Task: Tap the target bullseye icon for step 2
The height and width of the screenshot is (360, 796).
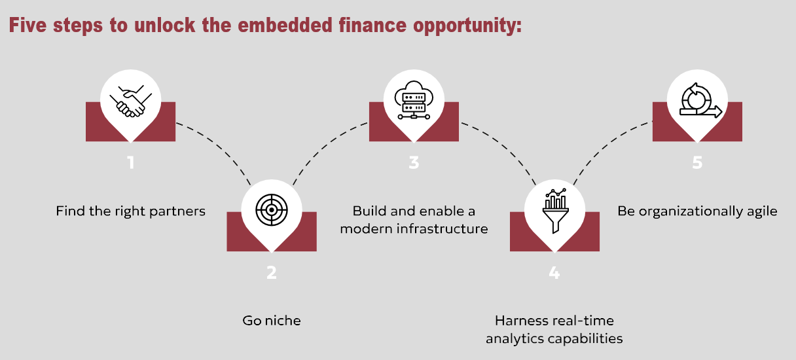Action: coord(272,209)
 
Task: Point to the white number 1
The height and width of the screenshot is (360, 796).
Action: coord(131,162)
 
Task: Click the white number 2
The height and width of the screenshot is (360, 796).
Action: coord(272,272)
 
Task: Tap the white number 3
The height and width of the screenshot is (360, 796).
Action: coord(414,162)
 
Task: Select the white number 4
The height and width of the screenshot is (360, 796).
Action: coord(554,272)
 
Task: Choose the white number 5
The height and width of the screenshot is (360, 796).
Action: coord(697,162)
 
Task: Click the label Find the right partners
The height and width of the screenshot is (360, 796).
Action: coord(130,211)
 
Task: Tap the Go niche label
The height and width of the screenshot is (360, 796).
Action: coord(272,320)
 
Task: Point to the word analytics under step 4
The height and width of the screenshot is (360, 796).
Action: coord(520,338)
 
